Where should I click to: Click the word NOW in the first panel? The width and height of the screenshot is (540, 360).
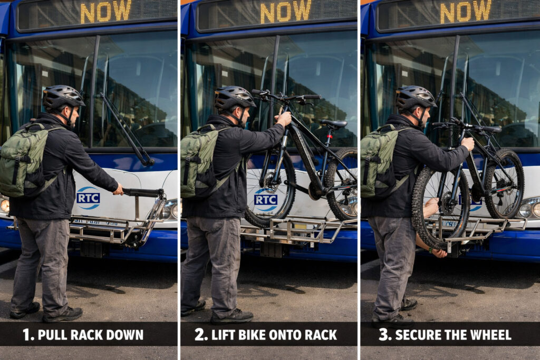(x=105, y=12)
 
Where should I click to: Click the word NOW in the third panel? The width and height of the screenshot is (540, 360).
(x=466, y=12)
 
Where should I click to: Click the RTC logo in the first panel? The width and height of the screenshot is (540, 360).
(x=88, y=198)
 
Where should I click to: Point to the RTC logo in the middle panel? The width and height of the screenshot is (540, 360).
(x=266, y=199)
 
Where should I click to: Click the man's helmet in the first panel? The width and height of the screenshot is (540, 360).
(x=62, y=96)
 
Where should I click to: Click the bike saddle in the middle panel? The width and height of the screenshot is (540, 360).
(x=333, y=123)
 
